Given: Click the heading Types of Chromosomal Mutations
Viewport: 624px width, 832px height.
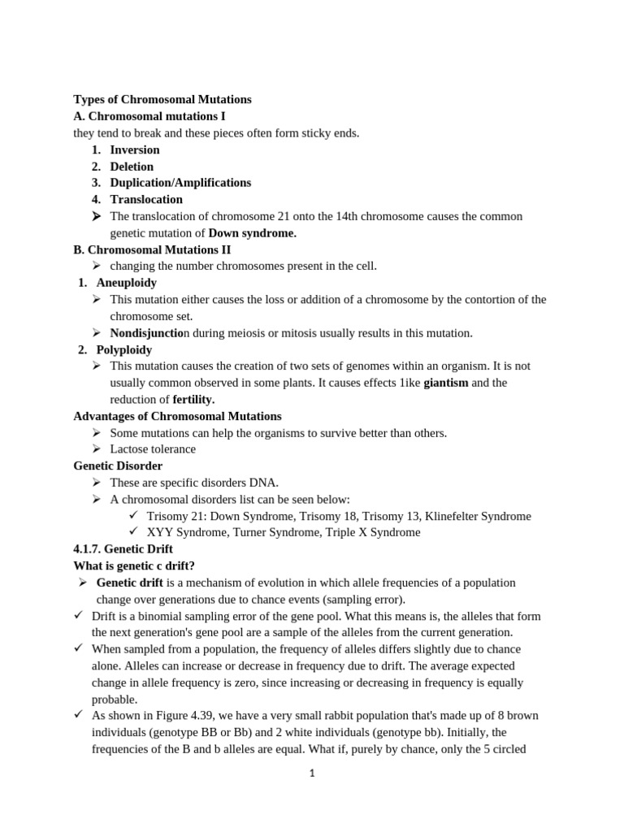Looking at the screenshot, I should [162, 100].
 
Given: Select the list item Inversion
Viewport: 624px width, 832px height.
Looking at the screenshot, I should [135, 149].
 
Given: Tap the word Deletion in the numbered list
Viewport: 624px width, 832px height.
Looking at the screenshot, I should [132, 167].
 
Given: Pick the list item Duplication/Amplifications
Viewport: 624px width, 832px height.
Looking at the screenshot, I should [180, 183].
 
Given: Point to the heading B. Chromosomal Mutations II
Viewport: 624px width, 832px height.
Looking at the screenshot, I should [152, 249].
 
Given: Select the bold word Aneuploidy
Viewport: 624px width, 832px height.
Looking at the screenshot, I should [127, 283].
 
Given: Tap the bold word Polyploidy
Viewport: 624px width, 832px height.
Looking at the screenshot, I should [124, 349].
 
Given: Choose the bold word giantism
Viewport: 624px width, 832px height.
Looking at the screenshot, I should [446, 383].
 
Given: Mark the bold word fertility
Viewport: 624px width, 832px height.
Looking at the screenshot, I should [193, 400].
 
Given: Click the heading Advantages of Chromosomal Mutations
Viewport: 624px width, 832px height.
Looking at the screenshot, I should [177, 416].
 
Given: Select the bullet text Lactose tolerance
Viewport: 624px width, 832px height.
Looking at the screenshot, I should [153, 449].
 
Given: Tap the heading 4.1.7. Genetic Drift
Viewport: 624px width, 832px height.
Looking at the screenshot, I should [123, 549].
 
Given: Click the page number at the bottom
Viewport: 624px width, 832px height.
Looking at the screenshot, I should [312, 773].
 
